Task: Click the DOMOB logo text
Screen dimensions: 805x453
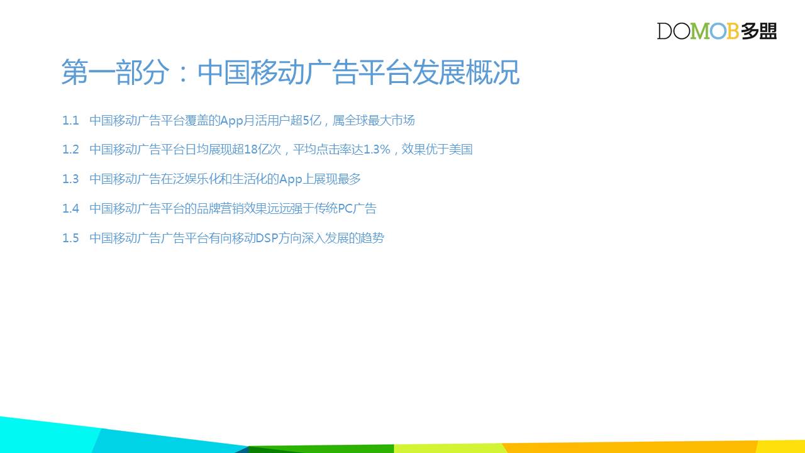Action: tap(697, 31)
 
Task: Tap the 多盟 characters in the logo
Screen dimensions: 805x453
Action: tap(758, 31)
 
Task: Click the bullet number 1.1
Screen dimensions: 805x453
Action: tap(70, 120)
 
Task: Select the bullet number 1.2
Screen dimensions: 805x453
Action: tap(70, 150)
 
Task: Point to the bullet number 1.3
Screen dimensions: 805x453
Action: tap(70, 179)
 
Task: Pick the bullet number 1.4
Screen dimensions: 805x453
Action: tap(70, 208)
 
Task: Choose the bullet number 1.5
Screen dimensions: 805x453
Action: tap(70, 238)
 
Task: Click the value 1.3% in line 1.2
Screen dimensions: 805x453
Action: tap(377, 150)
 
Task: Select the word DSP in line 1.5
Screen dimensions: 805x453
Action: tap(267, 238)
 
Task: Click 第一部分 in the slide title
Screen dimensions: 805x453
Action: tap(115, 72)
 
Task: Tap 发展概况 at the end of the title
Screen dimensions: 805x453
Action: tap(466, 72)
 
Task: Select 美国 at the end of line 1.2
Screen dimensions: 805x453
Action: tap(461, 149)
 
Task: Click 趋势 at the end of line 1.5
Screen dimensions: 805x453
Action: tap(372, 238)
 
